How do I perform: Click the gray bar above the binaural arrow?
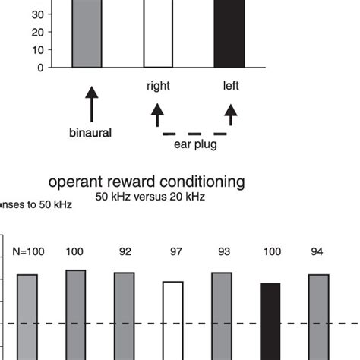coord(87,33)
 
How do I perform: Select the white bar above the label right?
coord(158,33)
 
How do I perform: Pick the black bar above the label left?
coord(229,33)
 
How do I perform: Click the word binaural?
coord(90,134)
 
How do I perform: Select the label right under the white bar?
coord(158,87)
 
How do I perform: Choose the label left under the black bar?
coord(231,87)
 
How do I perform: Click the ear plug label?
coord(194,144)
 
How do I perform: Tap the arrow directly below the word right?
coord(158,115)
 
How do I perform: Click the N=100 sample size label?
coord(28,250)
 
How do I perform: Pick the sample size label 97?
coord(172,250)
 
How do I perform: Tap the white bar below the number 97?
coord(172,319)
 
